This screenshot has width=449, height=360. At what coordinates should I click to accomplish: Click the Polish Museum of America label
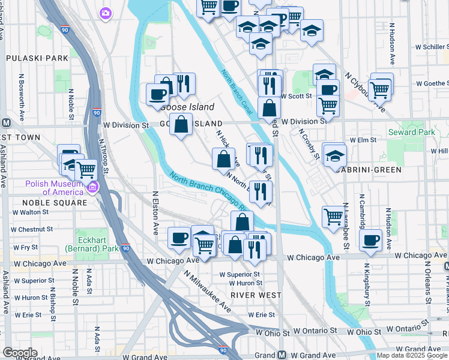pos(53,187)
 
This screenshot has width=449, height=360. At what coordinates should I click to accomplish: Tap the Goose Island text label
pos(187,107)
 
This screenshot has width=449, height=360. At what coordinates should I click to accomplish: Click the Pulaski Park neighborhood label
pos(37,58)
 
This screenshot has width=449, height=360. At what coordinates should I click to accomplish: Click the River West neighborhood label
pos(255,295)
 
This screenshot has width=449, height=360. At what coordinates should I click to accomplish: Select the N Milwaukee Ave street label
pos(207,291)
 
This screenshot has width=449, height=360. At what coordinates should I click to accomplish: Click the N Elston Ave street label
pos(155,212)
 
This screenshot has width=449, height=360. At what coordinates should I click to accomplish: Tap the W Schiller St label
pos(431,46)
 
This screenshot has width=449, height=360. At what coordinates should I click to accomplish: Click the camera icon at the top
pos(106,13)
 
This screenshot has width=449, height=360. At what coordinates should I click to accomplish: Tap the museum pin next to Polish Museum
pos(92,188)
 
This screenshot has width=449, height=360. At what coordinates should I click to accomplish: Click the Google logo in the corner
pos(20,353)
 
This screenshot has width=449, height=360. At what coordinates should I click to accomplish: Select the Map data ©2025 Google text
pos(412,355)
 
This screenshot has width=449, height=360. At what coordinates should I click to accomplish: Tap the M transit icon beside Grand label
pos(281,355)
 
